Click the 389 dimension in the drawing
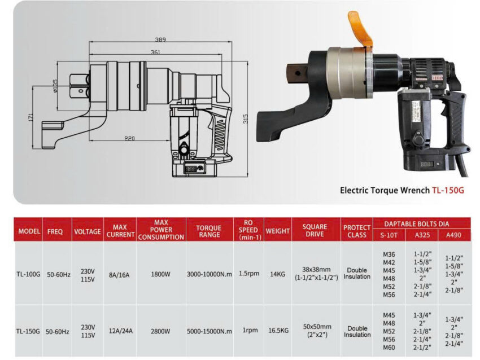[160, 39]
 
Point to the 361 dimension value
[155, 52]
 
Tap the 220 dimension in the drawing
[129, 139]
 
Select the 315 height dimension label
[245, 119]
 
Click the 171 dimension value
[31, 117]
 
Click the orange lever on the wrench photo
[360, 29]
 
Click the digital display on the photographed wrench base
[426, 164]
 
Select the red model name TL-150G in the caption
[448, 190]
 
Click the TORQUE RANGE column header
[209, 231]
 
